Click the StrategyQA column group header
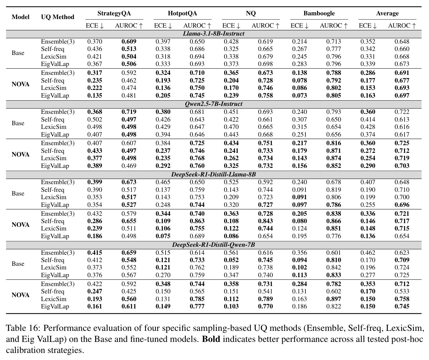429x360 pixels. pos(114,14)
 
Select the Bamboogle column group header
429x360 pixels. pos(319,14)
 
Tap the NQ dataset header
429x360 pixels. pos(251,14)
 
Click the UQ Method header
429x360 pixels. pos(58,17)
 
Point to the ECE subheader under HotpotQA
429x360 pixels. pos(163,26)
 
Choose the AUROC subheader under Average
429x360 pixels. pos(402,26)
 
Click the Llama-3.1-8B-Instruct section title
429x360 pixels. pos(214,33)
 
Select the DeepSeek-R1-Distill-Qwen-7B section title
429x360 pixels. pos(214,245)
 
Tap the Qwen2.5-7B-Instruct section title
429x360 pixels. pos(214,104)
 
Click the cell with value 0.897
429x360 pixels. pos(334,299)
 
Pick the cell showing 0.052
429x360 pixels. pos(231,260)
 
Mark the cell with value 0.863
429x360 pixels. pos(197,221)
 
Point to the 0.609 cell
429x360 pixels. pos(129,41)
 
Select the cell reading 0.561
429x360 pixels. pos(231,253)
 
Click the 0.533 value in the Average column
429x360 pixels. pos(402,291)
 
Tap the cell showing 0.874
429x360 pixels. pos(334,158)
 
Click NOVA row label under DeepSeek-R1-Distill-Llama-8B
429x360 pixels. pos(21,225)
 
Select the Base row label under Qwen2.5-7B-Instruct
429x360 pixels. pos(18,123)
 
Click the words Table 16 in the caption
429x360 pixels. pos(22,328)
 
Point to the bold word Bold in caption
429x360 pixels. pos(211,339)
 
